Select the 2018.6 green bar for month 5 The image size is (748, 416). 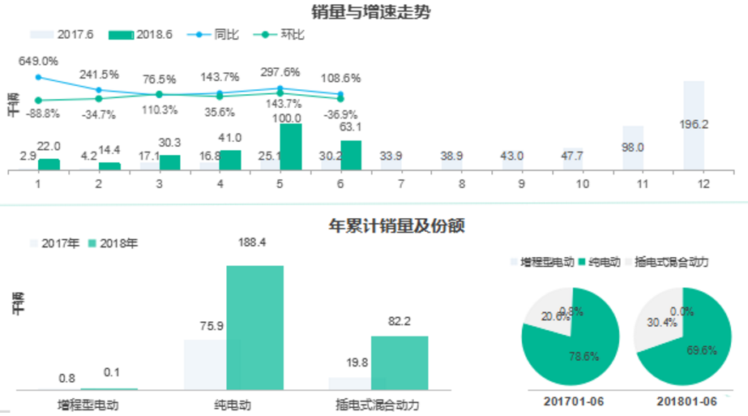pos(290,147)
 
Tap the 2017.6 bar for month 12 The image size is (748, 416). pos(694,126)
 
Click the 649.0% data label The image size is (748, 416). pos(38,61)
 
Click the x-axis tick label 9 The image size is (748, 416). pos(521,184)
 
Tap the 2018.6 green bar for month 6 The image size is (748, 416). pos(351,155)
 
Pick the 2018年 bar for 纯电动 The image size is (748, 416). pos(255,328)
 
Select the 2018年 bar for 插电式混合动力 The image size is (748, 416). pos(400,362)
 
